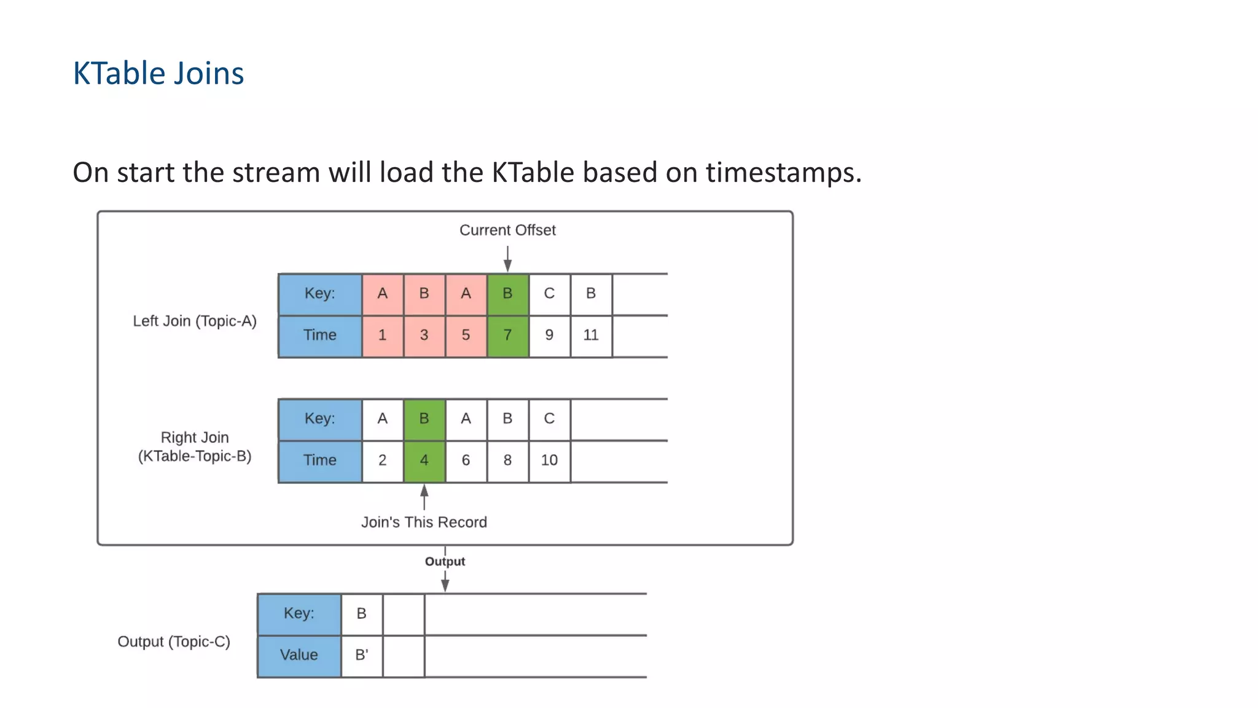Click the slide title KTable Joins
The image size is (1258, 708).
158,73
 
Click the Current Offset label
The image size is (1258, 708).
507,230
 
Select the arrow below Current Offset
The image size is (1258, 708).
507,258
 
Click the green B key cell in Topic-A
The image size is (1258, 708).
507,294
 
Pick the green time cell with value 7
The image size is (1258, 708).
507,336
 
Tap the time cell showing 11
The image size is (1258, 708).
591,336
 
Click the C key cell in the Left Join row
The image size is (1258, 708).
549,294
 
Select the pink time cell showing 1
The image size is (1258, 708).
382,336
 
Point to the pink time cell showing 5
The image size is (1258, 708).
466,336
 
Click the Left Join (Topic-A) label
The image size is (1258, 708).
195,321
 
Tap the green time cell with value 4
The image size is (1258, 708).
424,461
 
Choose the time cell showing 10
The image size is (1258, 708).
549,461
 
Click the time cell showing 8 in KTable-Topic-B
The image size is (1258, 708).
507,461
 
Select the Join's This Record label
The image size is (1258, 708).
424,522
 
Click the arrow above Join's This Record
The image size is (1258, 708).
424,497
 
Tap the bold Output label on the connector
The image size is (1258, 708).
445,562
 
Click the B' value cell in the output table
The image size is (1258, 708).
361,655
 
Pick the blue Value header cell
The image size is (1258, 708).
299,655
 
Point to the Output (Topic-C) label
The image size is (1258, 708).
174,642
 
